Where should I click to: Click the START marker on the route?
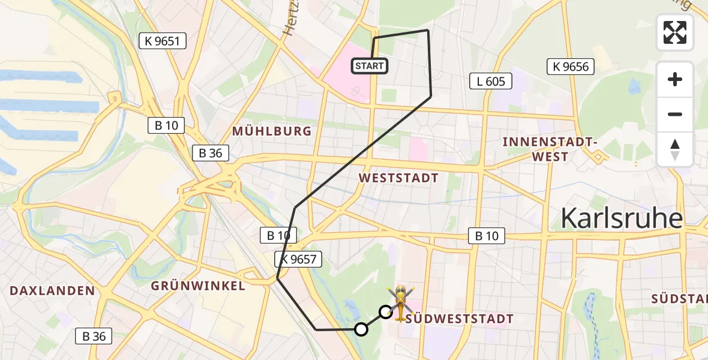(370, 66)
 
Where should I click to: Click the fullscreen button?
(675, 32)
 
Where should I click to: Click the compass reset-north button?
(675, 149)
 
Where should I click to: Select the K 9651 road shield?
(163, 41)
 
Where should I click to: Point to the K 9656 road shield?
(571, 67)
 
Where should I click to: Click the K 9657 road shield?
(299, 259)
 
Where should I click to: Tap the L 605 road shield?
(491, 81)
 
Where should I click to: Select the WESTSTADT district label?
(398, 178)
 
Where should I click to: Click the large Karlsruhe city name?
(622, 219)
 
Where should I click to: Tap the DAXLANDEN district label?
(52, 291)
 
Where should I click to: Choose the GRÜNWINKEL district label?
(199, 286)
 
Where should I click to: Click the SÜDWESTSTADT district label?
(460, 318)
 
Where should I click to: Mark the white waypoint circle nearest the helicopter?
(386, 312)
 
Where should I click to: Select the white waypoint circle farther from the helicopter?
(361, 329)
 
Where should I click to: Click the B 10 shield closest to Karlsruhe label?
(487, 236)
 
